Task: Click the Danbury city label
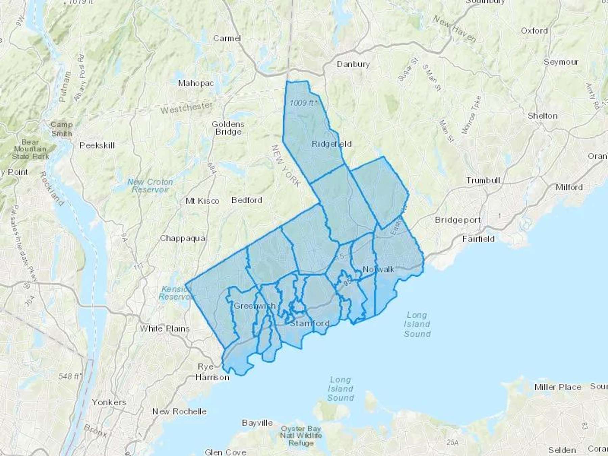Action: [353, 64]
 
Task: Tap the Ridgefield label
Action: [331, 144]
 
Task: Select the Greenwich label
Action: [255, 306]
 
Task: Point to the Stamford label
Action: [310, 323]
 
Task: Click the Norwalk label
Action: [378, 269]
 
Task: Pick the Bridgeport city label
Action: [458, 220]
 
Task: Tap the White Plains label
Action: [164, 329]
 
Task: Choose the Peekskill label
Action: [97, 146]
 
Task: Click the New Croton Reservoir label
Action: [150, 186]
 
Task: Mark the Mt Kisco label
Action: [202, 201]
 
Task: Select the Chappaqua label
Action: [182, 238]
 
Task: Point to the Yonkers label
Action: [109, 402]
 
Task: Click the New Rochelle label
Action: [179, 411]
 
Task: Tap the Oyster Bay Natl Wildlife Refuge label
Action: [301, 436]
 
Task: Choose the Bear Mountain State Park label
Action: [30, 149]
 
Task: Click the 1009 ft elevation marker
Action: [303, 103]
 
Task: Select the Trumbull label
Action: [483, 180]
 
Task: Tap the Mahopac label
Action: [196, 83]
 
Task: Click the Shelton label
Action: [542, 116]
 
